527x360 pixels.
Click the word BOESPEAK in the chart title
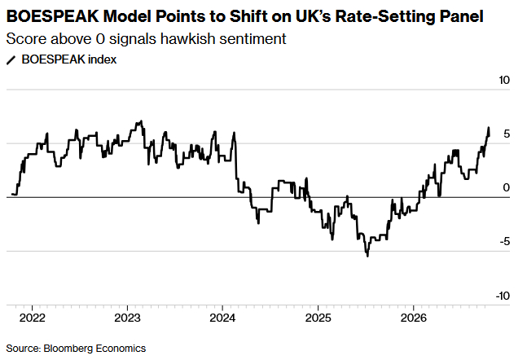pos(53,16)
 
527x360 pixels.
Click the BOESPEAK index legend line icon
pos(11,60)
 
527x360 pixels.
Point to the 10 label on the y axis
pos(504,80)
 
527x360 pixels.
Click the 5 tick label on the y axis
pos(507,134)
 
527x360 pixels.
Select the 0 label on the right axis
pos(506,187)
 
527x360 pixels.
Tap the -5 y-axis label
pos(504,242)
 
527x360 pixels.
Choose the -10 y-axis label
pos(503,296)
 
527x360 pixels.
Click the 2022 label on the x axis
pos(33,318)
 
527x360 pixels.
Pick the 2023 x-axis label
pos(127,318)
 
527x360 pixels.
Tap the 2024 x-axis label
pos(222,318)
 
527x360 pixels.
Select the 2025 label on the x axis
pos(318,318)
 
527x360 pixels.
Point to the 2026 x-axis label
pos(414,318)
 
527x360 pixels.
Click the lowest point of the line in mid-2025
pos(367,256)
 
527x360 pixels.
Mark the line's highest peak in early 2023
pos(141,121)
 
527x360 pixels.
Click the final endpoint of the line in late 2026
pos(489,135)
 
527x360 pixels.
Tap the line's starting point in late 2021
pos(12,194)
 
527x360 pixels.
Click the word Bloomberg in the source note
pos(68,349)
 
